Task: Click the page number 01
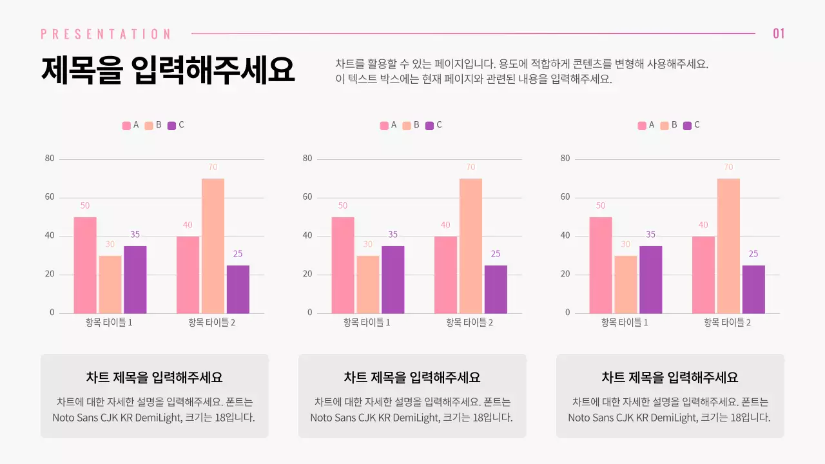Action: click(x=779, y=34)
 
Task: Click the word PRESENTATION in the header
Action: click(x=106, y=34)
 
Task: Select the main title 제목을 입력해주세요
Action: click(x=168, y=70)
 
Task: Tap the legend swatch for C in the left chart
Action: click(x=171, y=126)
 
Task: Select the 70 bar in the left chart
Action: click(x=213, y=246)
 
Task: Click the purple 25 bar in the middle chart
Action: click(x=496, y=289)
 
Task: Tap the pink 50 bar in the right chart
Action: click(x=600, y=265)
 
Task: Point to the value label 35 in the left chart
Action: click(x=135, y=235)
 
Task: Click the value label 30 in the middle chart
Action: click(x=367, y=244)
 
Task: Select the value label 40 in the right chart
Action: click(x=703, y=225)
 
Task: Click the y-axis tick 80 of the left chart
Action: click(x=50, y=159)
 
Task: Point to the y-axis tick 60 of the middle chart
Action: click(x=307, y=197)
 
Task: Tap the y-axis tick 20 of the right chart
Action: click(x=565, y=275)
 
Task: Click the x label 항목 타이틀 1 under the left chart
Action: click(x=109, y=322)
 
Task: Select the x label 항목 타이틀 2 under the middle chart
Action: click(x=469, y=322)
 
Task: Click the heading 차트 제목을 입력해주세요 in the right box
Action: click(x=670, y=378)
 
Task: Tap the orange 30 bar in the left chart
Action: click(x=110, y=284)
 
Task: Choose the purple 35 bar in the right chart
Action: click(x=650, y=280)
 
